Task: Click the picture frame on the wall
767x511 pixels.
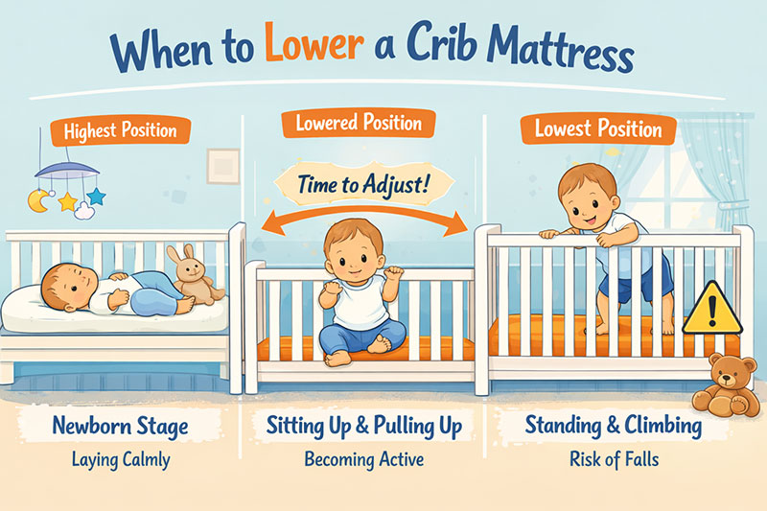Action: (x=222, y=165)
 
